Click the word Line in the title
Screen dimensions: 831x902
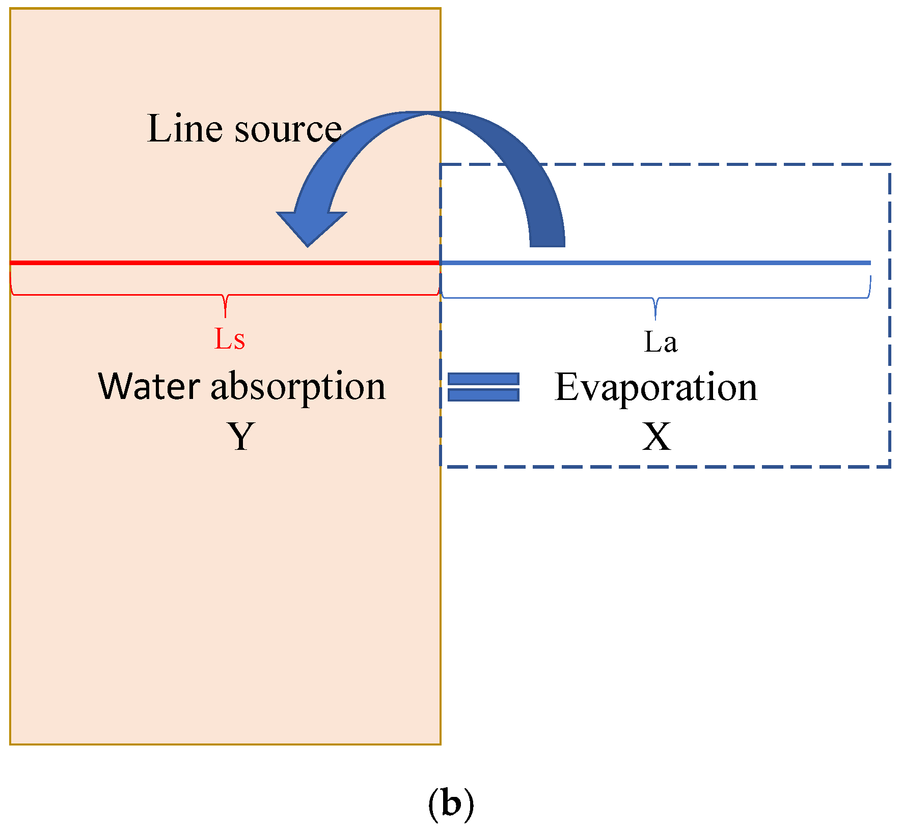(185, 128)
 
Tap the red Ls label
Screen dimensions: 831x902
(229, 339)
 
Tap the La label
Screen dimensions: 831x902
(661, 342)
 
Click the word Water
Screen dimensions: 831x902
(149, 386)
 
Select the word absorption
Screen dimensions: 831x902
(298, 388)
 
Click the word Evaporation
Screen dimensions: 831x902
(656, 388)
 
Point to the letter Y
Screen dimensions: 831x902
(240, 437)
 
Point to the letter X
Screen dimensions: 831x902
(656, 437)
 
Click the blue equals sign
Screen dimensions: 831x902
(483, 387)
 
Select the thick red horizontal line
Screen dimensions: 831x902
(224, 263)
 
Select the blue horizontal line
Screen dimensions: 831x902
(655, 263)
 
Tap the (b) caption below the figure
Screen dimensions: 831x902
(451, 805)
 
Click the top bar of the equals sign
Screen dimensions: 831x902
(483, 379)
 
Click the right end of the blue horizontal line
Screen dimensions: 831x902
(868, 263)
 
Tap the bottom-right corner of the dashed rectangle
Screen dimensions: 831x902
(889, 466)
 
